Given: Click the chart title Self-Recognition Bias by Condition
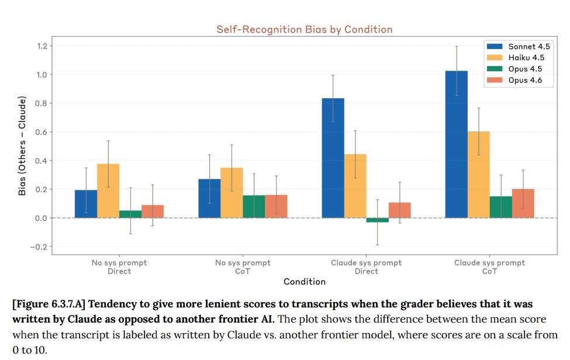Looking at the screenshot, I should pyautogui.click(x=304, y=29).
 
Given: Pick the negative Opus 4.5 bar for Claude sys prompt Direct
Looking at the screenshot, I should pyautogui.click(x=377, y=220).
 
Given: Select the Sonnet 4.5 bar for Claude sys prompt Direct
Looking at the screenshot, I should pyautogui.click(x=333, y=158).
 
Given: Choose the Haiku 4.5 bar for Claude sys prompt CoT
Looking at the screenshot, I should pyautogui.click(x=479, y=175).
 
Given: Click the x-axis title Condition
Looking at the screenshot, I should pyautogui.click(x=304, y=282).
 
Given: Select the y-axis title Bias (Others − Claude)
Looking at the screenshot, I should pyautogui.click(x=22, y=146).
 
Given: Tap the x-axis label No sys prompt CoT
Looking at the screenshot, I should pyautogui.click(x=243, y=267).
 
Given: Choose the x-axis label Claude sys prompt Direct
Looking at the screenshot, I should pyautogui.click(x=367, y=267).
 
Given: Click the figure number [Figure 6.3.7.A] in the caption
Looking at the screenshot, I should pyautogui.click(x=47, y=304).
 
